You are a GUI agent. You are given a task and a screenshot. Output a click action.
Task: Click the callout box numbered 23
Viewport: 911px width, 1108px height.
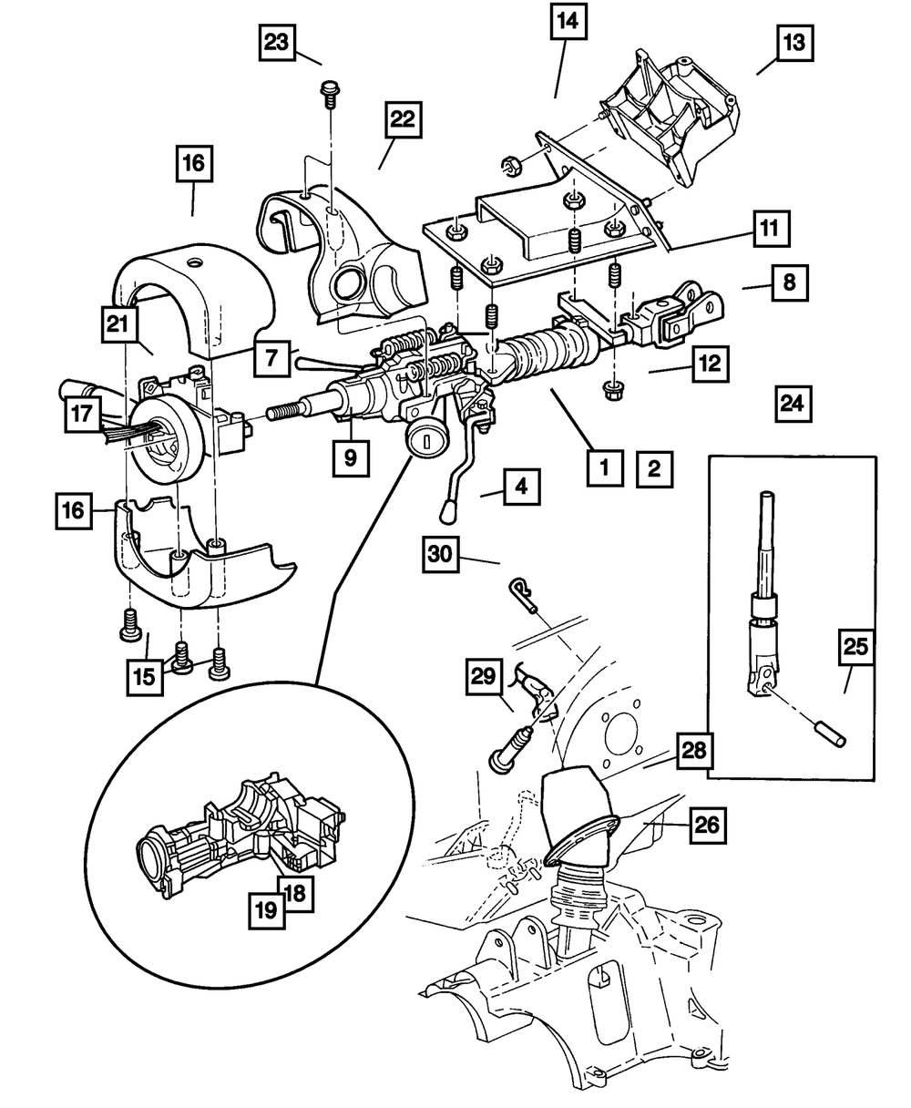pyautogui.click(x=277, y=42)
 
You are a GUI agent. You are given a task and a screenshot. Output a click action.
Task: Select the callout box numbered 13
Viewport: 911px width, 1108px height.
pyautogui.click(x=794, y=43)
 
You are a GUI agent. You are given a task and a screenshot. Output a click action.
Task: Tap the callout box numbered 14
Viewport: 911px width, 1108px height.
pyautogui.click(x=568, y=21)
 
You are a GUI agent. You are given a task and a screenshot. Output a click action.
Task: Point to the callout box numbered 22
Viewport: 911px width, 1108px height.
pyautogui.click(x=404, y=119)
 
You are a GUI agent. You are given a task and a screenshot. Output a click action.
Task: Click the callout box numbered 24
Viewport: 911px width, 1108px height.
pyautogui.click(x=793, y=404)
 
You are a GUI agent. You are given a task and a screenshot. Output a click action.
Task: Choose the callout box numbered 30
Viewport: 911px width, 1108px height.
pyautogui.click(x=440, y=554)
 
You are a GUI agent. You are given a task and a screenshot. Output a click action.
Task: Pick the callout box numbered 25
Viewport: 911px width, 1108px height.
pyautogui.click(x=855, y=647)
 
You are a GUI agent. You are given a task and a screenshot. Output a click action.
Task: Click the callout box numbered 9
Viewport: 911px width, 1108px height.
pyautogui.click(x=351, y=458)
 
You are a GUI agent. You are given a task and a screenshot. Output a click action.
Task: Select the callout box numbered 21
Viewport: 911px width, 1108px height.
pyautogui.click(x=118, y=324)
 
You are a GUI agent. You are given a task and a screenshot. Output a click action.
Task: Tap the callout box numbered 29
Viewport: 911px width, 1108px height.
pyautogui.click(x=484, y=677)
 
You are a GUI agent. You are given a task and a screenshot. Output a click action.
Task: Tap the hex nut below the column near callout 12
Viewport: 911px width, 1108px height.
pyautogui.click(x=612, y=391)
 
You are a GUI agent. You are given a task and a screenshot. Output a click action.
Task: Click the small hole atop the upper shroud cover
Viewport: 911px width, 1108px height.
pyautogui.click(x=197, y=262)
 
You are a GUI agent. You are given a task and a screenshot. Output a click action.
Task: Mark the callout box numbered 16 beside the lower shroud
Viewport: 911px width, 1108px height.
pyautogui.click(x=74, y=510)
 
